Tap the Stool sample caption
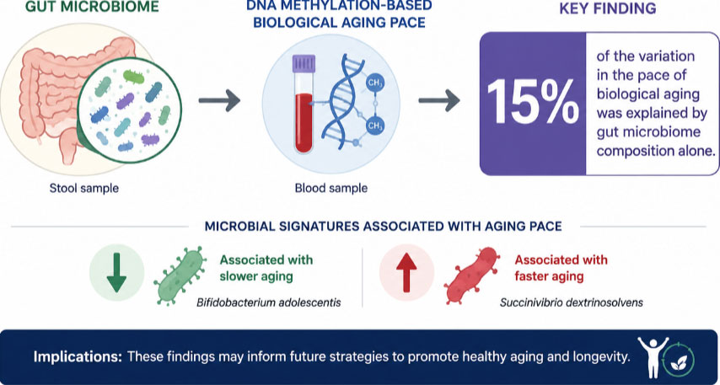coord(84,188)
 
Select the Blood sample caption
coord(331,188)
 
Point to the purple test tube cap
coord(304,63)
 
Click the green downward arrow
coord(116,273)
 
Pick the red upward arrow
coord(406,273)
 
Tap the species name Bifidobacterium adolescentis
coord(269,303)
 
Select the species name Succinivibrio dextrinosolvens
coord(571,303)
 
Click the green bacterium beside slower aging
coord(179,276)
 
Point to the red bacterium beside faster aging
coord(471,275)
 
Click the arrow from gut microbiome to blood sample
coord(219,100)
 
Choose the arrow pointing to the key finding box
coord(439,100)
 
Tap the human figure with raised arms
coord(653,356)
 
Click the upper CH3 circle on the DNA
coord(374,83)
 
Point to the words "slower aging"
coord(256,276)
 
